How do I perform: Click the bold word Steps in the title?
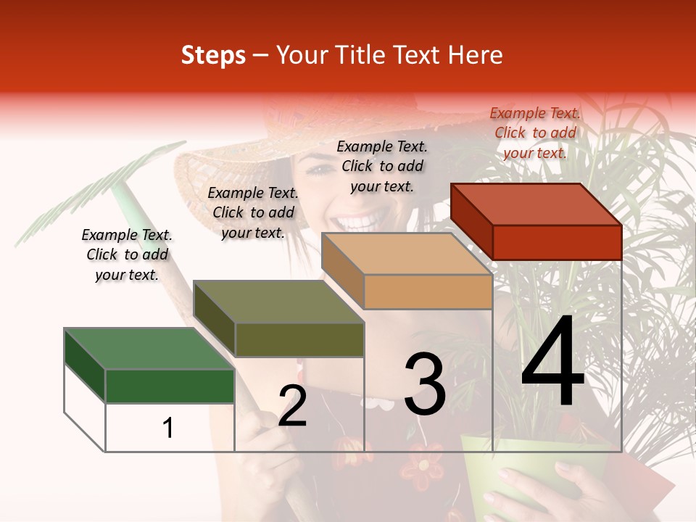click(x=213, y=55)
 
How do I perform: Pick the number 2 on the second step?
click(x=292, y=406)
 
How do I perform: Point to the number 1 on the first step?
click(x=167, y=428)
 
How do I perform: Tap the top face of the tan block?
click(x=407, y=254)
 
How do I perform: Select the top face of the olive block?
click(x=278, y=302)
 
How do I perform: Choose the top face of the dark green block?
click(x=149, y=349)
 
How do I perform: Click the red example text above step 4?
click(x=535, y=133)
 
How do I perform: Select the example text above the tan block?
click(x=382, y=166)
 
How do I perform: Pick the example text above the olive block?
click(x=253, y=212)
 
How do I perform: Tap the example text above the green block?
click(x=127, y=254)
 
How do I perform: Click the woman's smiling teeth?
click(x=362, y=217)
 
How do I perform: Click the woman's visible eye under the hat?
click(x=319, y=171)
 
